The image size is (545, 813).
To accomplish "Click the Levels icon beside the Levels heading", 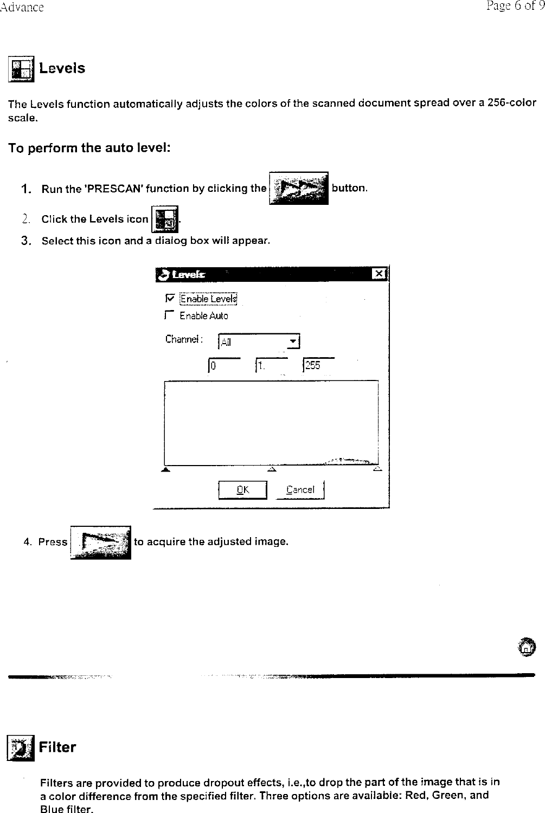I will (21, 69).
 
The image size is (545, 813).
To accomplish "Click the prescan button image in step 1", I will (298, 188).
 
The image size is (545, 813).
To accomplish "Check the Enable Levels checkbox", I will (170, 298).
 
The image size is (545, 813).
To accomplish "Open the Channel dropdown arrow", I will (293, 341).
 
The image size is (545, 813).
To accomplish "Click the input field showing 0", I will (223, 365).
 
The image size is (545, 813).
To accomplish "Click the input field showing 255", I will (318, 365).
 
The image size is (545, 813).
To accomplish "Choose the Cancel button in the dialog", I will (300, 489).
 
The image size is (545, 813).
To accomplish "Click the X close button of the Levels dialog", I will (380, 274).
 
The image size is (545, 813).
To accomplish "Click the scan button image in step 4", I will (101, 542).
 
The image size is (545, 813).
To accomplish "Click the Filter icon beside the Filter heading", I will (20, 748).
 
